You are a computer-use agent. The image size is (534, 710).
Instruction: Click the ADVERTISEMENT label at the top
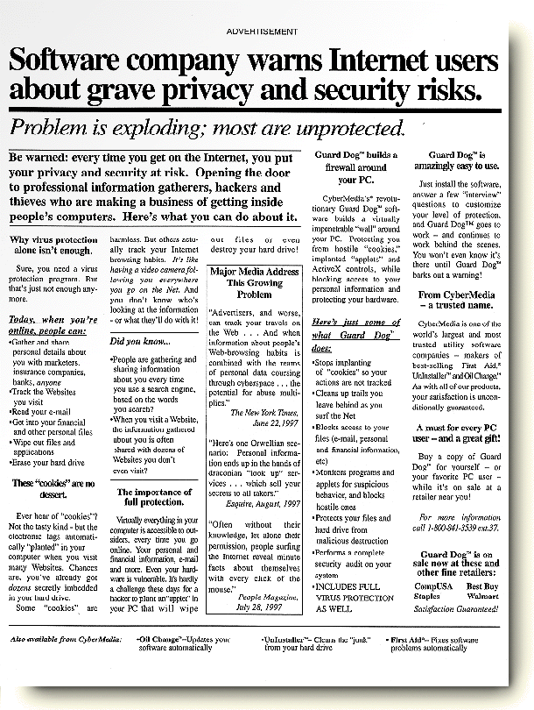(261, 32)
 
